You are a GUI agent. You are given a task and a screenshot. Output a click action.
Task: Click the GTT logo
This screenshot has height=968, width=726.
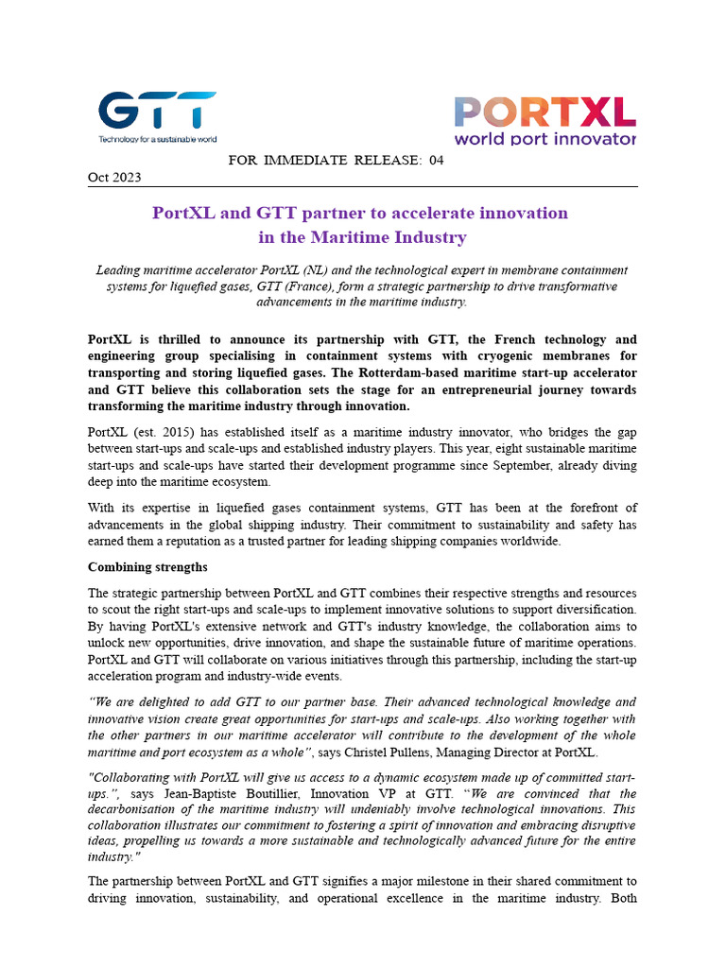[157, 112]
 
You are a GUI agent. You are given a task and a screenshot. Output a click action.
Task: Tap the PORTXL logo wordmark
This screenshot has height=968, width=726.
[544, 112]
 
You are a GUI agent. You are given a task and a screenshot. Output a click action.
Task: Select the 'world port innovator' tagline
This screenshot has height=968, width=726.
[544, 139]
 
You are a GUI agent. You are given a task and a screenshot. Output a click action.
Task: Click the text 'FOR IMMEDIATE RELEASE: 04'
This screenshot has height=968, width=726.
[336, 160]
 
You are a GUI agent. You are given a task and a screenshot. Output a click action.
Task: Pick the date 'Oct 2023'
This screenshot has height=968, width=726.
[114, 178]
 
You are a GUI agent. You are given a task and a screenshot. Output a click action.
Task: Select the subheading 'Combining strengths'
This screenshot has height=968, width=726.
[147, 567]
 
